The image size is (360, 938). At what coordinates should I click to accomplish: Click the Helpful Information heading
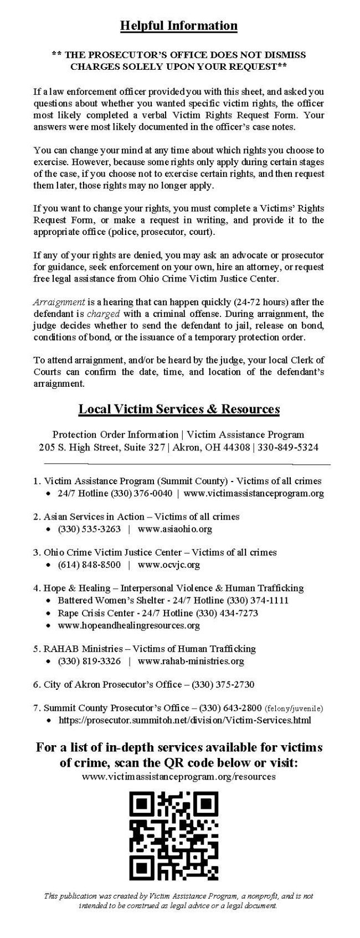179,25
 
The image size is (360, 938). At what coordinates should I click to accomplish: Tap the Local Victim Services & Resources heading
179,409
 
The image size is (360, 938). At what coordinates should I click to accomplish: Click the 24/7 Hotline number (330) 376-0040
142,493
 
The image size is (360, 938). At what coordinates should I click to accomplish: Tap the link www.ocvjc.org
169,565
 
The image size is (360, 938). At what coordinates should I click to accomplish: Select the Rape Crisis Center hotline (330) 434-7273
222,613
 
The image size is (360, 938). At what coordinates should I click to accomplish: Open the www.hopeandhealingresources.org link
129,626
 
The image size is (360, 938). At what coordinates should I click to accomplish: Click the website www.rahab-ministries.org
191,661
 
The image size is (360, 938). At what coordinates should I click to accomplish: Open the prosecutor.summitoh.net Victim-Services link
184,720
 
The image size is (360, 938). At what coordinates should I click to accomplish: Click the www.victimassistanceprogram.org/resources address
179,777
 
